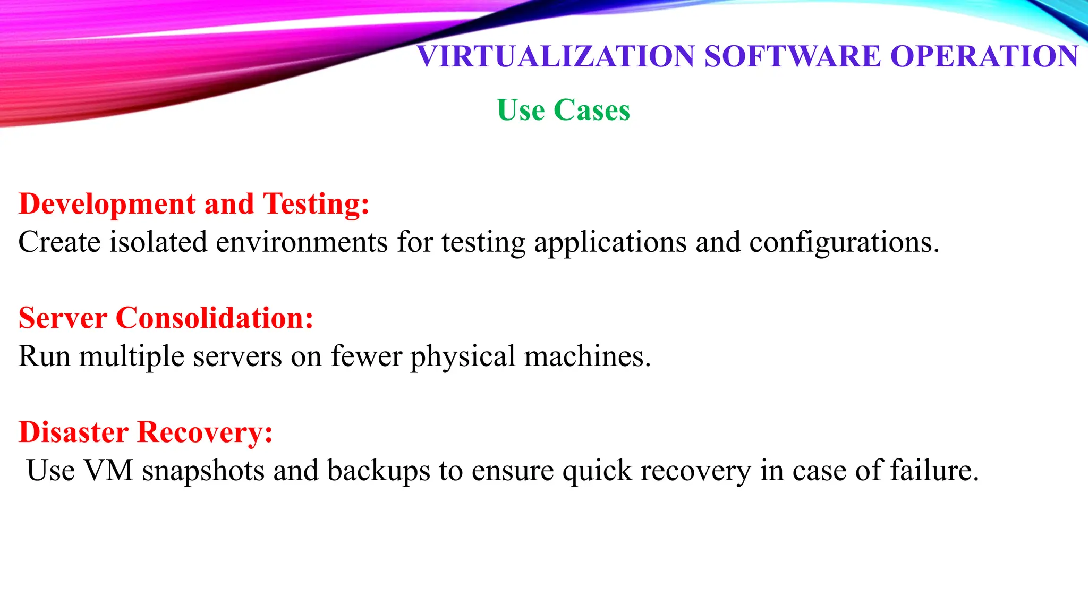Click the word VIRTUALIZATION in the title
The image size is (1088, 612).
click(556, 56)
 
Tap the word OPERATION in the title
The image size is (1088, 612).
click(984, 56)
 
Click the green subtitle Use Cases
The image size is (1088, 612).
click(563, 110)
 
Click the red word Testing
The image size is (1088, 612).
click(316, 205)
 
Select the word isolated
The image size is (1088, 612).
click(158, 242)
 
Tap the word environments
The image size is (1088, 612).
click(302, 242)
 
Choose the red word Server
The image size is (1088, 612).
click(63, 318)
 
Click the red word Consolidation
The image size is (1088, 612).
click(214, 318)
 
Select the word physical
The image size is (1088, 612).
click(463, 356)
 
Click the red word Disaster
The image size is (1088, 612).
click(73, 432)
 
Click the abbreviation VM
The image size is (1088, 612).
click(108, 471)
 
